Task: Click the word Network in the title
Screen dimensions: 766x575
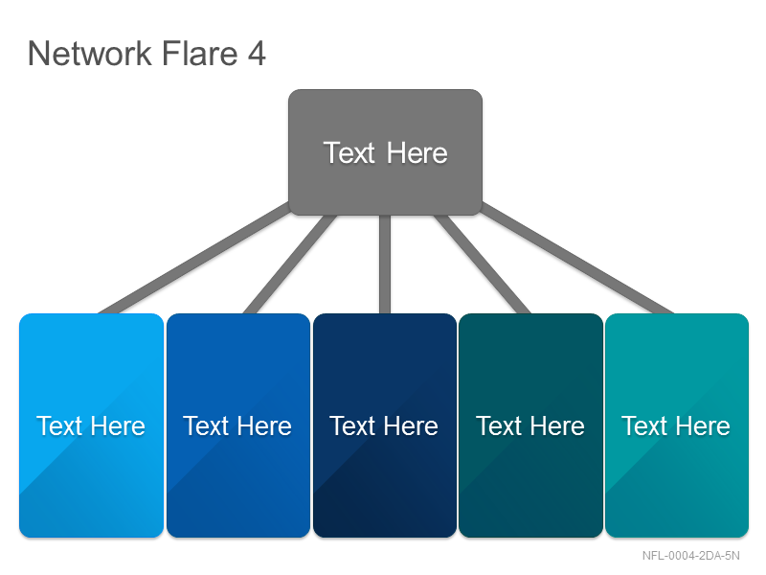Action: [x=90, y=53]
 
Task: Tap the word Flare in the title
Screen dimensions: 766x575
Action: [x=199, y=53]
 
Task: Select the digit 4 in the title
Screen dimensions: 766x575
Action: [x=257, y=53]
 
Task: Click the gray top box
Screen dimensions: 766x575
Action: [x=386, y=152]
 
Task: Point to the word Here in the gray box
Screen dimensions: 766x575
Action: [x=417, y=153]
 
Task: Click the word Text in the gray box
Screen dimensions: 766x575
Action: [x=349, y=153]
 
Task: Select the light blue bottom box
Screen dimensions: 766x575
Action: [x=91, y=425]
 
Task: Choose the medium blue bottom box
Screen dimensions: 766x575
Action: [x=238, y=425]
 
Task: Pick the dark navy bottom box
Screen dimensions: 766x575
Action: [x=385, y=425]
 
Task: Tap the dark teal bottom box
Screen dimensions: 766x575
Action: [x=531, y=425]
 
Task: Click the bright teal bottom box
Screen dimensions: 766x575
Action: [x=677, y=425]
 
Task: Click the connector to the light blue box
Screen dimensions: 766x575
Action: [x=194, y=258]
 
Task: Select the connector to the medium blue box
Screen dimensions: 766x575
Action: [x=290, y=264]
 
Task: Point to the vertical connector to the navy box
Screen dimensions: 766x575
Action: [x=385, y=264]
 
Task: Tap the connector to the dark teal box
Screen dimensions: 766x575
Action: [x=482, y=264]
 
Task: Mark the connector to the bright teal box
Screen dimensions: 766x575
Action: [x=577, y=258]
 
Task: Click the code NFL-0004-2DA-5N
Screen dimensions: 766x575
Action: [x=690, y=556]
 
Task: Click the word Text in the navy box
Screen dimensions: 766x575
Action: [x=352, y=425]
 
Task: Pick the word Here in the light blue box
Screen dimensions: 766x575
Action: [x=118, y=425]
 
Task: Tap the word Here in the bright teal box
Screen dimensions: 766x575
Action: [x=703, y=425]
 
